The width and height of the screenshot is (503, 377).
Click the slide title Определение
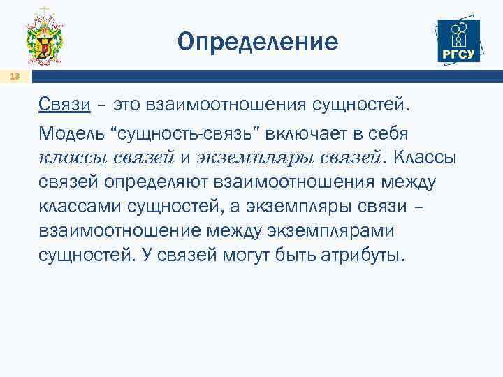[258, 43]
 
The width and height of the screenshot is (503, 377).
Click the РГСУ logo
[457, 41]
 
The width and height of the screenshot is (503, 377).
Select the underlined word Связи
[65, 105]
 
